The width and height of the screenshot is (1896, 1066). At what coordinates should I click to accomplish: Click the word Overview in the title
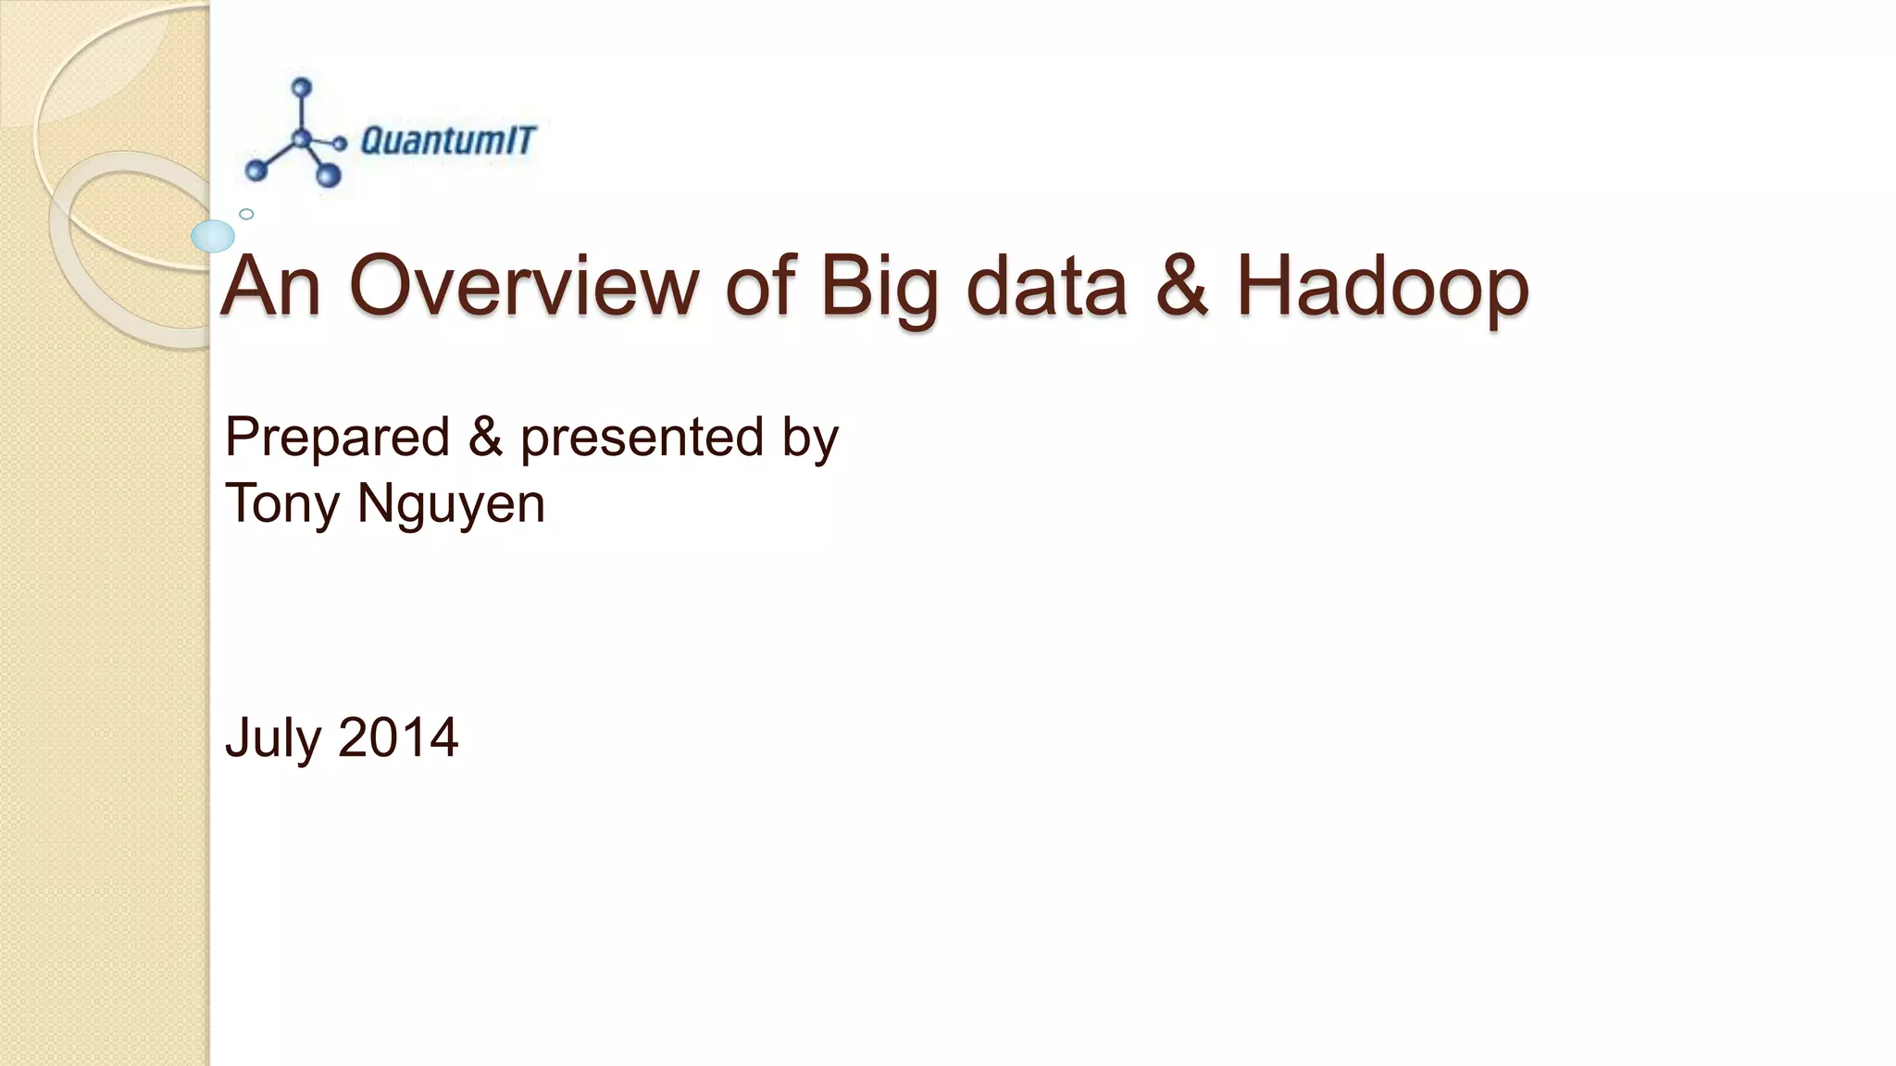[524, 286]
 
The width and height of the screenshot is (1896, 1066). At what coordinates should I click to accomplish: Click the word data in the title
[1046, 286]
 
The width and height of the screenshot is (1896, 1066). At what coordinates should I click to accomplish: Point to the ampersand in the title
[1180, 286]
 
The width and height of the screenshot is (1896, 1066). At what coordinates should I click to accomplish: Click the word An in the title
[271, 286]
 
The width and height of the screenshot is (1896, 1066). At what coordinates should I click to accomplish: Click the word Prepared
[337, 439]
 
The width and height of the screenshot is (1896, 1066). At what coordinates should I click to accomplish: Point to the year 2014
[398, 738]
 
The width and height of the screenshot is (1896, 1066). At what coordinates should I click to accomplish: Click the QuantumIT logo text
[447, 141]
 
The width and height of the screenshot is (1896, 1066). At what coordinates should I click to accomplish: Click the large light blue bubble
[213, 237]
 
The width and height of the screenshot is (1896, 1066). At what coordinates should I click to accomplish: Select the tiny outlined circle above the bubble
[246, 214]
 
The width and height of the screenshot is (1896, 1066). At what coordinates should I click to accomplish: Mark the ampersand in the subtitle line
[485, 438]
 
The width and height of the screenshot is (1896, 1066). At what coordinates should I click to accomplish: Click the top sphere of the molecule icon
[301, 88]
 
